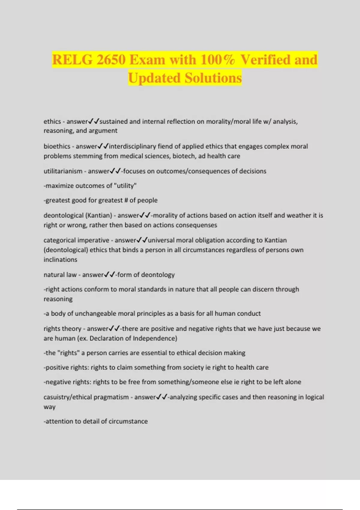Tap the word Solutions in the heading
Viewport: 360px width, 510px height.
pos(213,78)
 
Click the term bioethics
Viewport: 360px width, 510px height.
pos(57,146)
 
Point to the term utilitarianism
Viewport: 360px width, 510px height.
pos(63,171)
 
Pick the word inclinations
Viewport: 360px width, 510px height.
pos(60,259)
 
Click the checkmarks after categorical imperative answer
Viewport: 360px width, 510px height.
pos(142,240)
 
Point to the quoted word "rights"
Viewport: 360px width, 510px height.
pos(68,353)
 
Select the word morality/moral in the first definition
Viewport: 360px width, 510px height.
pos(223,121)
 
